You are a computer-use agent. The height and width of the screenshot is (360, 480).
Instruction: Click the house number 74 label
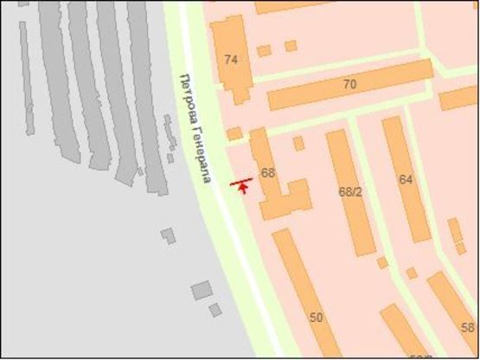[231, 60]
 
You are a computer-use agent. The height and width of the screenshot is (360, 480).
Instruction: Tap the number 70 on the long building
[349, 85]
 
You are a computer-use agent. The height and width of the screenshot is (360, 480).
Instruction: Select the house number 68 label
[268, 173]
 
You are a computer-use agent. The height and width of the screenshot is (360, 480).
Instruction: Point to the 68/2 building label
[350, 190]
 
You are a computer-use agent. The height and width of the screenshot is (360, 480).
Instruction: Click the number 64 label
[406, 179]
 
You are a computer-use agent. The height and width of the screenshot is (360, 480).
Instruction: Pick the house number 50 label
[316, 318]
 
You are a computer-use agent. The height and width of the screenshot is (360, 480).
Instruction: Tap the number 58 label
[468, 328]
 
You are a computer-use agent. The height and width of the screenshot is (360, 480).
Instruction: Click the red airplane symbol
[241, 184]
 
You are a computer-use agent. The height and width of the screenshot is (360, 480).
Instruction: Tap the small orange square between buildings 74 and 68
[234, 134]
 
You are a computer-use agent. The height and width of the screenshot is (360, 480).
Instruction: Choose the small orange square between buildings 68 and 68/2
[298, 143]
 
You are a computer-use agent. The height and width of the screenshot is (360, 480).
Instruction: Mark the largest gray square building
[202, 290]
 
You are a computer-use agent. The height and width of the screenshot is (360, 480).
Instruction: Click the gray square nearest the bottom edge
[214, 310]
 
